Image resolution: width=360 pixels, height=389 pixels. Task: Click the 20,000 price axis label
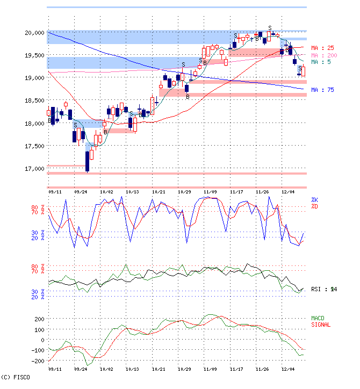34,33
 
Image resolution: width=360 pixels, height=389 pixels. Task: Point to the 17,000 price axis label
34,169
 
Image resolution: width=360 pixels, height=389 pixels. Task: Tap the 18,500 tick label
34,100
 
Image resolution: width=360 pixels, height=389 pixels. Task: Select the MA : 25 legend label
323,48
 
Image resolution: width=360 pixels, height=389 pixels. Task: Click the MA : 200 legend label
324,55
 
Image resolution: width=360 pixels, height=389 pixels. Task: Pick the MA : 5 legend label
321,62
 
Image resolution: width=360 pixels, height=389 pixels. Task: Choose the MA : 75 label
323,90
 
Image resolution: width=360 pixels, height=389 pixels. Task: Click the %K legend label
314,200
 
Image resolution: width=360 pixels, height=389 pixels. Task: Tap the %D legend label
314,206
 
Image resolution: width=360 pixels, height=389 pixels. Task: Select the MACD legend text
319,319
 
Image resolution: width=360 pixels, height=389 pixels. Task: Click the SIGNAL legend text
321,325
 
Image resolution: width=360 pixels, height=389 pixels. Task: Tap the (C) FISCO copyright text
16,377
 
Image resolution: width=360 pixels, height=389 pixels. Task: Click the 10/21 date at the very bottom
158,370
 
